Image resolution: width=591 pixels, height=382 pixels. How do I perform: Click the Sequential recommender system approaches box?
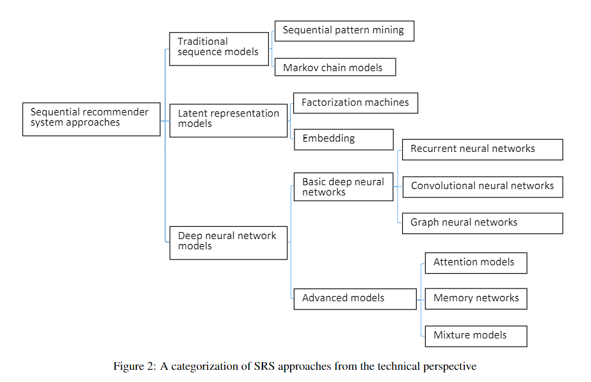91,119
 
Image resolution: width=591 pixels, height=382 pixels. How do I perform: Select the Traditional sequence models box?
219,49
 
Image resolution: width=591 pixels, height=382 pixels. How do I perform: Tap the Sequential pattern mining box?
344,31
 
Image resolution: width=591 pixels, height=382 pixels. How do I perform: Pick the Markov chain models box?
336,67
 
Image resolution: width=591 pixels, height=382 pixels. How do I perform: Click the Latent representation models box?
229,120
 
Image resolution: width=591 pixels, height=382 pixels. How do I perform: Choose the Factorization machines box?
355,103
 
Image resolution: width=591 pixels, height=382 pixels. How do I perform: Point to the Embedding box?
344,140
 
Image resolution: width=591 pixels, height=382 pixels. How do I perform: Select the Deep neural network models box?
229,243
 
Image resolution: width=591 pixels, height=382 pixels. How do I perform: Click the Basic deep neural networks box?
343,187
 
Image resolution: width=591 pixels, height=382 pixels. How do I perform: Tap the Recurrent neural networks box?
482,150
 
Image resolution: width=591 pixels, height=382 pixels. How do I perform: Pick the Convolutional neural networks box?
483,187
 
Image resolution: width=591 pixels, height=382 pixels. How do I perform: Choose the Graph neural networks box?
482,224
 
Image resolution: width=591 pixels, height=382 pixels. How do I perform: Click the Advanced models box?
355,299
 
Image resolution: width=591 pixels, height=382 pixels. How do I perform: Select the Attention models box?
476,263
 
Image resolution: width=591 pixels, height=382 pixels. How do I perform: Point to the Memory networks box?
476,299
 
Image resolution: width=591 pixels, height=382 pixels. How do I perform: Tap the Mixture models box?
476,336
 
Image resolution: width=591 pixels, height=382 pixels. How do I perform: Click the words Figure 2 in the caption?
134,367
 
